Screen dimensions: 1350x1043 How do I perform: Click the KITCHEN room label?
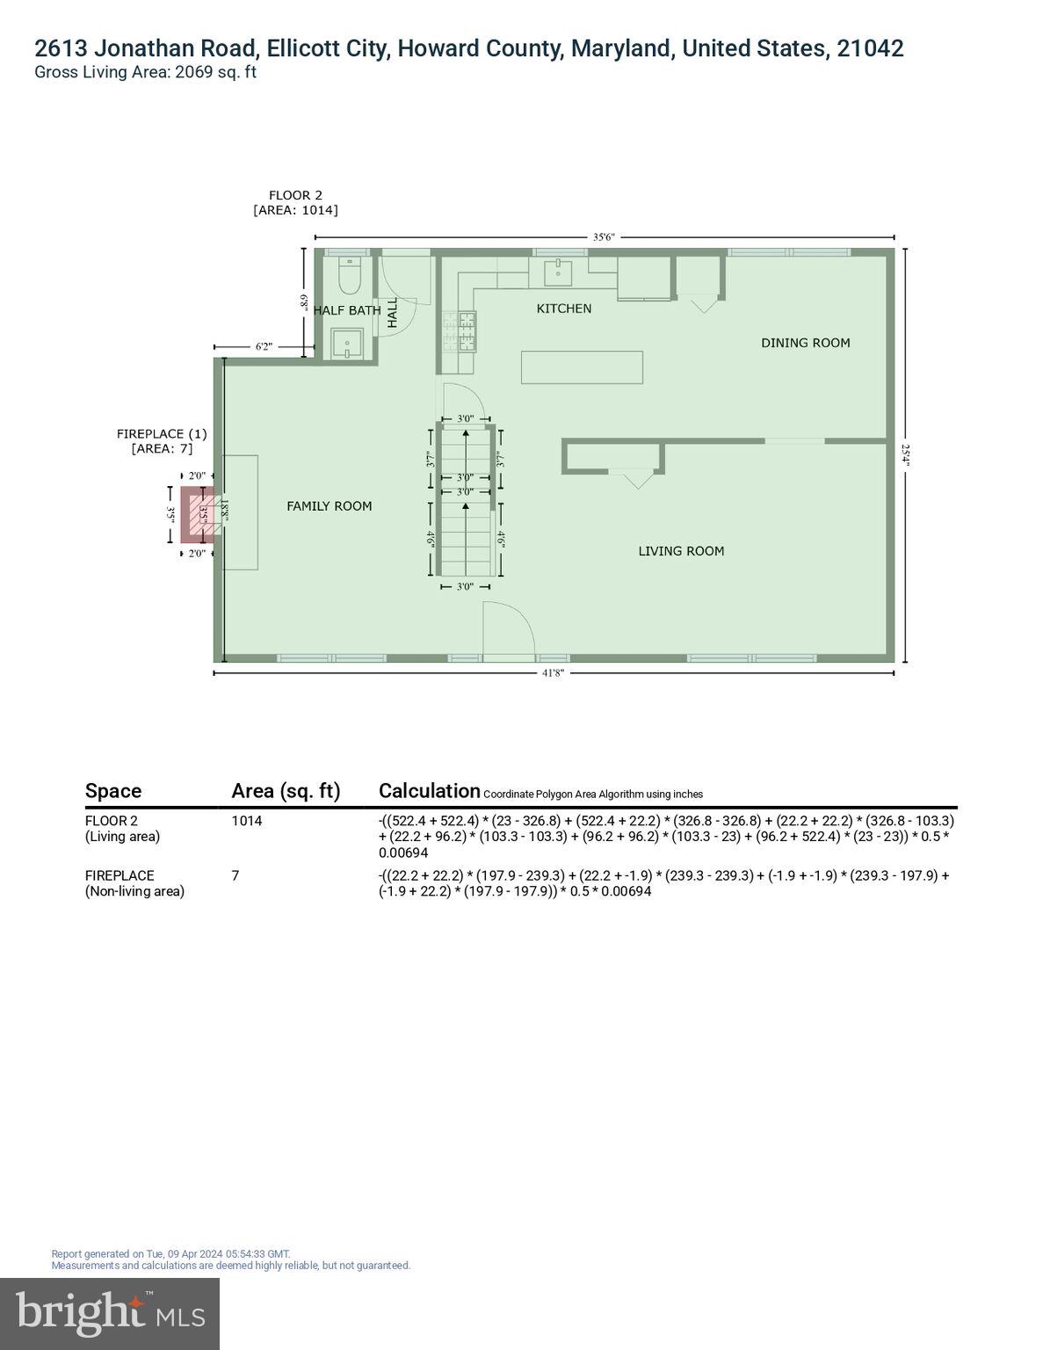564,308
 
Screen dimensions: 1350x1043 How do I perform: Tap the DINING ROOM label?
805,343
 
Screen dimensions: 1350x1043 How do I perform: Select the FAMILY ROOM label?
329,506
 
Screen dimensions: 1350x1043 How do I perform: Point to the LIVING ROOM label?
681,551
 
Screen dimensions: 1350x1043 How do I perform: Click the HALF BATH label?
347,310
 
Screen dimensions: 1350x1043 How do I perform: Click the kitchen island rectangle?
582,367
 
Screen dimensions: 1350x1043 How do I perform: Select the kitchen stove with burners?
465,332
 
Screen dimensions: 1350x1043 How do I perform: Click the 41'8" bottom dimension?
553,673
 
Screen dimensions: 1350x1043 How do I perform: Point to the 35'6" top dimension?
604,237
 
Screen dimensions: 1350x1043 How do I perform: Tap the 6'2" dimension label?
264,347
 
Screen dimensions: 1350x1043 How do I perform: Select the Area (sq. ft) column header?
286,791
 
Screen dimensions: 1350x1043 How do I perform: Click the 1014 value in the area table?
247,821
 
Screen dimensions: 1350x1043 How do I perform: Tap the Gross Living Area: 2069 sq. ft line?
145,72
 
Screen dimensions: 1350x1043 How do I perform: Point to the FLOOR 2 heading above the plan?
295,195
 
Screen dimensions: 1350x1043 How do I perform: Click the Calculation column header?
429,791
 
